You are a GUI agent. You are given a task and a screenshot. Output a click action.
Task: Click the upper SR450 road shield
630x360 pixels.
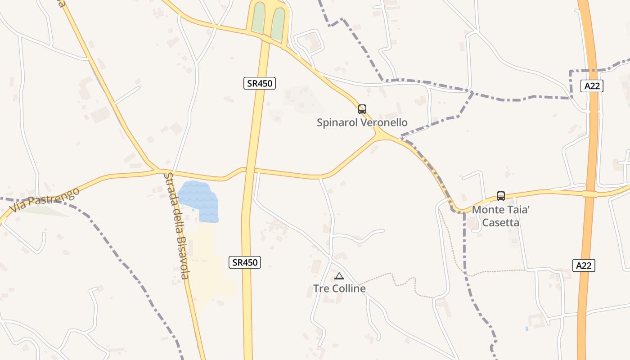tap(260, 83)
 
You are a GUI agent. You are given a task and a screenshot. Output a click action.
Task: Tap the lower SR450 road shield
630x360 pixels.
tap(245, 262)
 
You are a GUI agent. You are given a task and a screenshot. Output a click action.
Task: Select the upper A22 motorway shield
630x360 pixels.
tap(591, 86)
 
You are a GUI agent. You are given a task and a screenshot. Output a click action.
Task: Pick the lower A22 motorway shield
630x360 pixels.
tap(584, 265)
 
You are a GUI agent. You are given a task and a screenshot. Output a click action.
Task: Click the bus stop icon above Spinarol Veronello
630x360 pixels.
tap(362, 109)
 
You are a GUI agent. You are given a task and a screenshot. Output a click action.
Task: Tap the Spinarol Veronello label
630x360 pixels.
tap(362, 122)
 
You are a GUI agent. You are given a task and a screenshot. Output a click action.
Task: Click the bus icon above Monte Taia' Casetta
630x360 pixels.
tap(501, 196)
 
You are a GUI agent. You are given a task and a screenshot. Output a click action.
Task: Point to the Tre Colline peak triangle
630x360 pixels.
tap(339, 276)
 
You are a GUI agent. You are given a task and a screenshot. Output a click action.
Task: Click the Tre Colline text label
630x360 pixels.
tap(339, 288)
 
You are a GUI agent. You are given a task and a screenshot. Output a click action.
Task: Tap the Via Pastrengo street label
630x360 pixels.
tap(45, 200)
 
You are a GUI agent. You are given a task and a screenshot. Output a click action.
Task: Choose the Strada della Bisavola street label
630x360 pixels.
tap(176, 225)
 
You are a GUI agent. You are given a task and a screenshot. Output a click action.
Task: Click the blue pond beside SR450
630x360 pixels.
tap(200, 201)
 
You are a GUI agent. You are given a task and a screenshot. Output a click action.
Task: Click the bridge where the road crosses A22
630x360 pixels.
tap(589, 194)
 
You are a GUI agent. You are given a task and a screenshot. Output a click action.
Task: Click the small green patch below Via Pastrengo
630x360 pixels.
tap(45, 210)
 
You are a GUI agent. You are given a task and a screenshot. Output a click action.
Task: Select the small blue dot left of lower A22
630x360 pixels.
tap(526, 328)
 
